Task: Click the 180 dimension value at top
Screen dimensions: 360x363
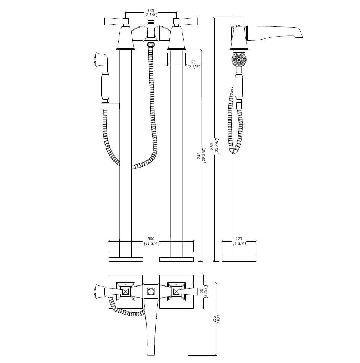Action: (x=151, y=10)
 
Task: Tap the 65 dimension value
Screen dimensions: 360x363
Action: (x=193, y=62)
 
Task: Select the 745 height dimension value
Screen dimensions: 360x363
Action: (x=199, y=155)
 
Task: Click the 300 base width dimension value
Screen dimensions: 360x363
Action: (x=151, y=239)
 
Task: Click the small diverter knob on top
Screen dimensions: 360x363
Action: (x=151, y=22)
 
